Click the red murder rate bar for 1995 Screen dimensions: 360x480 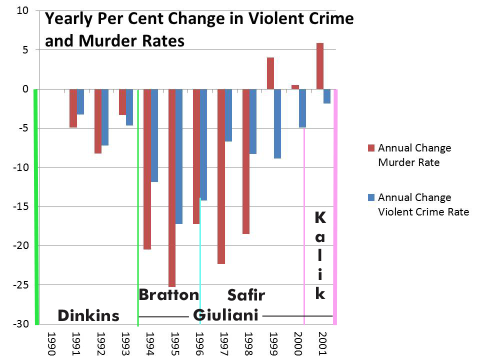[x=172, y=187]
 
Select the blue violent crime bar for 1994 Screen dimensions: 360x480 [x=154, y=135]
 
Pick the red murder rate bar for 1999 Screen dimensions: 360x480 [x=270, y=73]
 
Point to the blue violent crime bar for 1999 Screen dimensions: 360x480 [x=277, y=123]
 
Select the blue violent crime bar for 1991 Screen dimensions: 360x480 [x=80, y=101]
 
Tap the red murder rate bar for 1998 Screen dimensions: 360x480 [x=246, y=161]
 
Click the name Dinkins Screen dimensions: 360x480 [x=88, y=315]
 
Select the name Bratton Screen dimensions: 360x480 [x=168, y=294]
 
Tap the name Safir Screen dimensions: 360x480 [x=246, y=295]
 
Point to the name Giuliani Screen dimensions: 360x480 [x=225, y=315]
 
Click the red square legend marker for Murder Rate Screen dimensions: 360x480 [x=370, y=148]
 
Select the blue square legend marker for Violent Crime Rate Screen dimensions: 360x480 [x=370, y=197]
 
